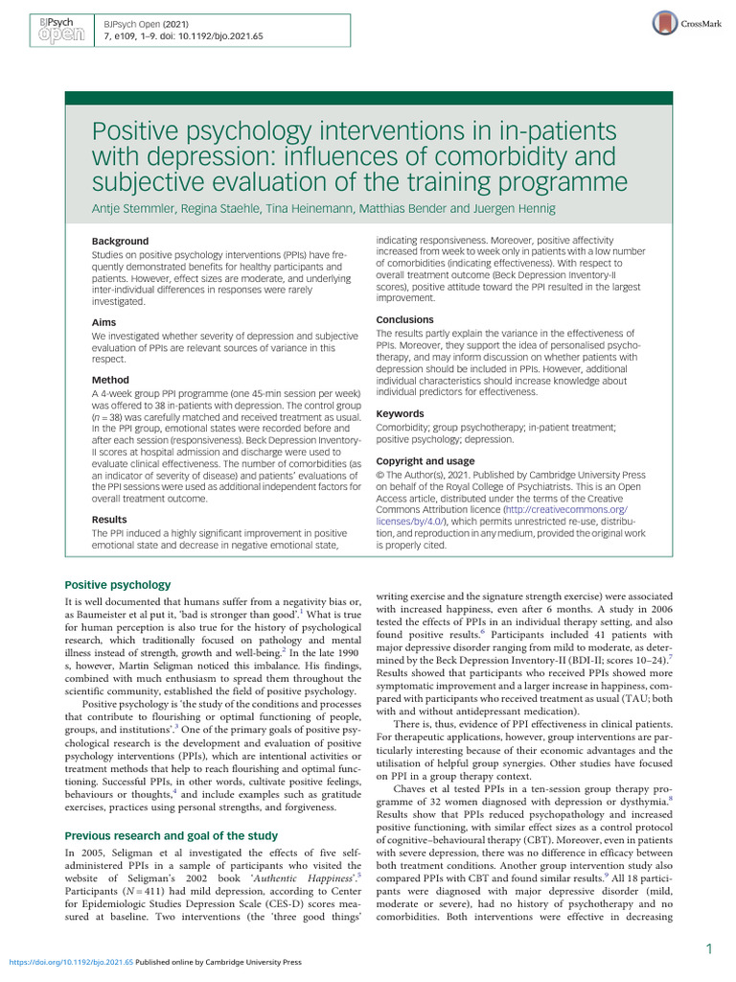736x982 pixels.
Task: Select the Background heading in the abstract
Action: tap(120, 241)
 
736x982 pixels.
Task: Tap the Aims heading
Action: tap(103, 323)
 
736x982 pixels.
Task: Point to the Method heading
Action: tap(110, 380)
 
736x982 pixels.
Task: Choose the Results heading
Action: tap(109, 519)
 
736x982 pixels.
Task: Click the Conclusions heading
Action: tap(404, 319)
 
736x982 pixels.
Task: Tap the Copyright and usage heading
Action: tap(425, 461)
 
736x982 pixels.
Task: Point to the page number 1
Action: tap(708, 949)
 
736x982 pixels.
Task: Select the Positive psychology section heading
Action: tap(117, 585)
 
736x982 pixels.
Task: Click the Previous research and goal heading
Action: tap(171, 835)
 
